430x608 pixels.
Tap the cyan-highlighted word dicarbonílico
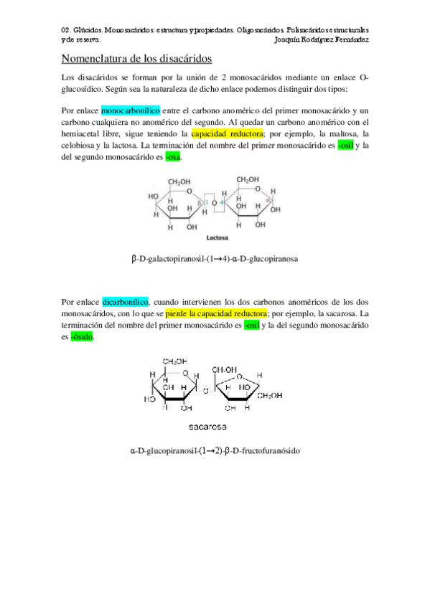(x=125, y=302)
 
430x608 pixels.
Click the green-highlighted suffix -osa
(x=173, y=156)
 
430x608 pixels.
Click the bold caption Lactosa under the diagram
(x=217, y=237)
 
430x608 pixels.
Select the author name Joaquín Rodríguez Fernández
(x=322, y=40)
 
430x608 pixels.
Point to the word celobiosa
(x=80, y=145)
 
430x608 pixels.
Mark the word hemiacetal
(x=85, y=133)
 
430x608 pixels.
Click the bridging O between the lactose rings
(x=214, y=203)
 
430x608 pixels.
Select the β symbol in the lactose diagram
(x=200, y=203)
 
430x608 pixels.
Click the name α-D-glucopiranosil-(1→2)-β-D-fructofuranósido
(x=215, y=451)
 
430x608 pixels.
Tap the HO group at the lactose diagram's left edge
(x=153, y=196)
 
